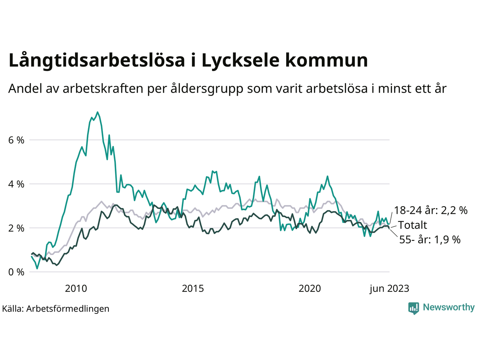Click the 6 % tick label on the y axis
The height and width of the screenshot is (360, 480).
[16, 140]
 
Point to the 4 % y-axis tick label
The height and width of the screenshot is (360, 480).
[16, 184]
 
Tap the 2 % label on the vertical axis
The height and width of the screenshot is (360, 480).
[16, 228]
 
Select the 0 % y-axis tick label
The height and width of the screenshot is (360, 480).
[16, 272]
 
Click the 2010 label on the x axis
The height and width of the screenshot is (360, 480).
[76, 288]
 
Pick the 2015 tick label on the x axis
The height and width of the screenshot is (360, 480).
[193, 288]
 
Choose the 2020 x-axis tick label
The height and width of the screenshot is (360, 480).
[310, 288]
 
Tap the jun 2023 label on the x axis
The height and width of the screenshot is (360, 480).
[389, 288]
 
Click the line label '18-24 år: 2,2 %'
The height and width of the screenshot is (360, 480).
[430, 210]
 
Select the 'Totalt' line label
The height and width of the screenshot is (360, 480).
[412, 225]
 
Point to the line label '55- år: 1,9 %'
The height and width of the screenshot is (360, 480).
[430, 240]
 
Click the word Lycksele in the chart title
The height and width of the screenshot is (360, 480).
[240, 61]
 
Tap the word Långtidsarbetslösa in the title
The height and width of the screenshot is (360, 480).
[96, 61]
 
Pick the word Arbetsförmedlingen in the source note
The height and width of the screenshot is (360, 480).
[68, 309]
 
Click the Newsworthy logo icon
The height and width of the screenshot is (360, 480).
[414, 308]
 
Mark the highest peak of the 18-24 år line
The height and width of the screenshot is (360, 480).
[97, 112]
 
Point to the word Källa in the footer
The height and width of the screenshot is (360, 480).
[13, 309]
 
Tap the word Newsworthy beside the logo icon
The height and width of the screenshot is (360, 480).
[448, 307]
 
